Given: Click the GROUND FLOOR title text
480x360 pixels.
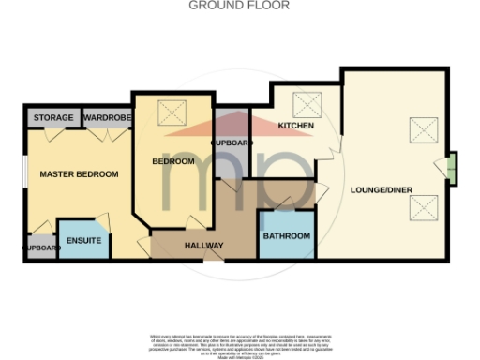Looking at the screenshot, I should point(239,6).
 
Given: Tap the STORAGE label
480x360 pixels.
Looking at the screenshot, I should point(54,118).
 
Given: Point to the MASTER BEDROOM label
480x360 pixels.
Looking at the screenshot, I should point(79,174).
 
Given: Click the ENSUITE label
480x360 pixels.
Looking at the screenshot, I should point(83,239).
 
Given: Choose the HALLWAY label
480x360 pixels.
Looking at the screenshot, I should point(202,247).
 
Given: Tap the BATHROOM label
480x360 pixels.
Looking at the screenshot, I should point(286,236).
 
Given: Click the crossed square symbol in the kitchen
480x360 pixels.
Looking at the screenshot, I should point(307,104).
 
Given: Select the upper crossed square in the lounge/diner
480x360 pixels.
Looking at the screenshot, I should point(420,129).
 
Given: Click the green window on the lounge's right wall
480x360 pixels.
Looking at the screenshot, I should point(452,169).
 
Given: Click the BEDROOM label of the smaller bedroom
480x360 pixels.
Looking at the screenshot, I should point(173,161).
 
